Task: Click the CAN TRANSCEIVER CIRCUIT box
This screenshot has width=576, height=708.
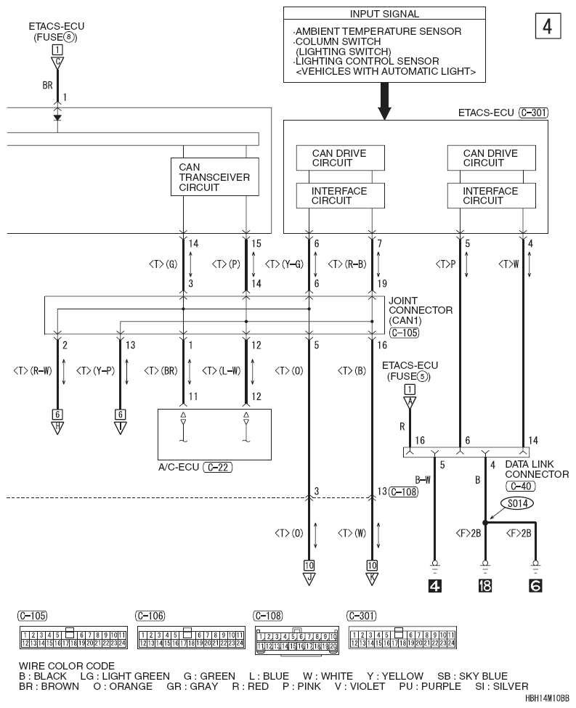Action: (x=214, y=177)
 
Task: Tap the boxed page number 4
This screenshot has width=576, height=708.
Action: (x=546, y=26)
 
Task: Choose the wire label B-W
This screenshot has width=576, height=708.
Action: (x=421, y=480)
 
